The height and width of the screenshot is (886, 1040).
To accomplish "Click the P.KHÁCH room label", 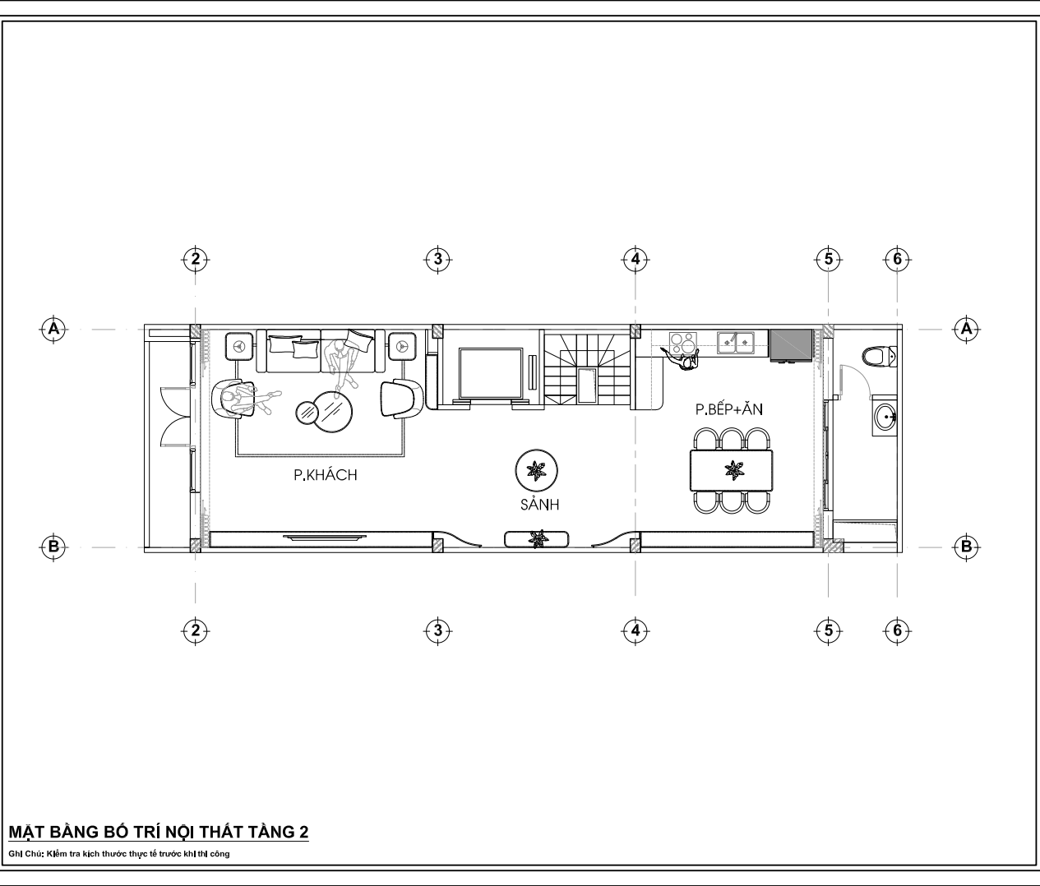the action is pyautogui.click(x=326, y=474).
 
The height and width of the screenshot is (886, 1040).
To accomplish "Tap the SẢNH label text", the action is pyautogui.click(x=539, y=504).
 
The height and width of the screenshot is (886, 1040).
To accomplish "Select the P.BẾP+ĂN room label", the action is pyautogui.click(x=729, y=409).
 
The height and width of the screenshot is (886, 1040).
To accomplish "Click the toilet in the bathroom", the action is pyautogui.click(x=879, y=357).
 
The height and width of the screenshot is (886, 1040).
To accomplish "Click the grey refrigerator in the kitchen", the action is pyautogui.click(x=791, y=345).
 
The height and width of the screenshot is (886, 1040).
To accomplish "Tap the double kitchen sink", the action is pyautogui.click(x=736, y=343).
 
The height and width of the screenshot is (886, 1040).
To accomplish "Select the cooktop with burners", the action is pyautogui.click(x=682, y=343).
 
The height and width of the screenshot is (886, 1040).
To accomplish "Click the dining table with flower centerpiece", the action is pyautogui.click(x=732, y=470).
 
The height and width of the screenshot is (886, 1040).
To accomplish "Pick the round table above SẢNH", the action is pyautogui.click(x=536, y=471).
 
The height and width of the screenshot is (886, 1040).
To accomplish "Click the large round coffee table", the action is pyautogui.click(x=332, y=412).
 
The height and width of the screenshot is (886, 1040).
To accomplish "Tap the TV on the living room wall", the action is pyautogui.click(x=325, y=538).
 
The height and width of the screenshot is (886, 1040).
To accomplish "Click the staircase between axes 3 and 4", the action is pyautogui.click(x=587, y=367).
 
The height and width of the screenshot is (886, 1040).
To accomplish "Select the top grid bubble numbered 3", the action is pyautogui.click(x=437, y=260).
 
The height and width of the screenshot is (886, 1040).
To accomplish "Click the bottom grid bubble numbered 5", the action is pyautogui.click(x=828, y=630).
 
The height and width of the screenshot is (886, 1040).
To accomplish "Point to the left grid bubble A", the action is pyautogui.click(x=53, y=330).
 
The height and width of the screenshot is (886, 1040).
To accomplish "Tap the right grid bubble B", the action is pyautogui.click(x=966, y=547).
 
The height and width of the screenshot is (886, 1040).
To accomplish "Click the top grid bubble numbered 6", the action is pyautogui.click(x=897, y=260).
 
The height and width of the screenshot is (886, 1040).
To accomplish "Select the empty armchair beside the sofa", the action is pyautogui.click(x=401, y=399).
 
